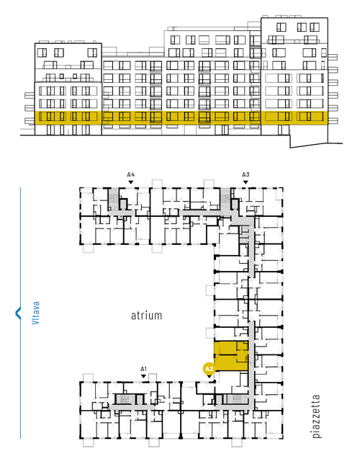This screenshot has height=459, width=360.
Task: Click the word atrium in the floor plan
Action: pos(146,316)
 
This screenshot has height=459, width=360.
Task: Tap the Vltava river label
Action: pos(36,313)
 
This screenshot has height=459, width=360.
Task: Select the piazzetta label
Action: pos(316,416)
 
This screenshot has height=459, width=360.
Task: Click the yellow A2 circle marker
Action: pos(210,369)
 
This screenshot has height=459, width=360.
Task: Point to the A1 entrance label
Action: pos(143,369)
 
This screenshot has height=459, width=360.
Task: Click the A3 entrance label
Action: pos(246,174)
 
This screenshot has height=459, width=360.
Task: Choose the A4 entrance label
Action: pos(131,174)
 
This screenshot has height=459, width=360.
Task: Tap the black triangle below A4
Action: pos(131,182)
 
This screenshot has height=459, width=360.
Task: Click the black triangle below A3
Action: pos(246,182)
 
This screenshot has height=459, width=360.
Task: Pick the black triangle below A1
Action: pos(143,376)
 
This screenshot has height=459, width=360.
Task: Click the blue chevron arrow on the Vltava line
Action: pos(18,313)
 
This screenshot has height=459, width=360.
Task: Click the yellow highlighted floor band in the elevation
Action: pos(181,118)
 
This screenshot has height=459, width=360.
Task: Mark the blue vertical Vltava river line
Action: pos(20,313)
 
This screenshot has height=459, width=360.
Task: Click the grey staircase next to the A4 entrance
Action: pos(113,199)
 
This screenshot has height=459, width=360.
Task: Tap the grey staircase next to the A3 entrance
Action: pos(225,199)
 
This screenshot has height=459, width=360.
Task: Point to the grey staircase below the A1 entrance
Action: pos(125,399)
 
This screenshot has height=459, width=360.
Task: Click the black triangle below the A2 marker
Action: pos(210,376)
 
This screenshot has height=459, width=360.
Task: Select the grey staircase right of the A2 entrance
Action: pos(237,399)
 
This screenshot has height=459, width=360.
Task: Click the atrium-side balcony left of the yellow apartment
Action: pos(210,333)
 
